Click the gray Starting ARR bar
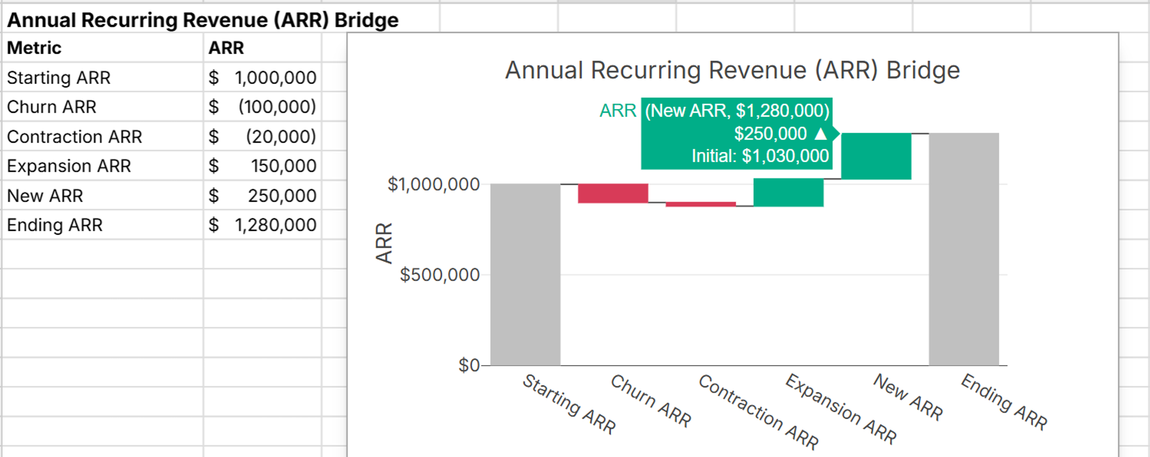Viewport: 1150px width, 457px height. [x=525, y=274]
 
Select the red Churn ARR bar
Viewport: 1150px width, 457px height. [x=612, y=193]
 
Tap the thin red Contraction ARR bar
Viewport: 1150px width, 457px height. [x=700, y=204]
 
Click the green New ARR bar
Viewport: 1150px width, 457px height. [x=876, y=156]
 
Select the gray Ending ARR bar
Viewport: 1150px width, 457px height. [x=964, y=249]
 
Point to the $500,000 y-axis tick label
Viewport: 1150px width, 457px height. [x=439, y=274]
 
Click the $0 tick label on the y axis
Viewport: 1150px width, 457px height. [x=468, y=365]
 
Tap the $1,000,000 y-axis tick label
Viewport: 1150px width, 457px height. [x=433, y=184]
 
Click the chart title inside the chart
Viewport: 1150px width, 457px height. [x=732, y=70]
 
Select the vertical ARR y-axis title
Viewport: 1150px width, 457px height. [x=384, y=243]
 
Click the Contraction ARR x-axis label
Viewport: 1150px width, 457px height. [x=758, y=411]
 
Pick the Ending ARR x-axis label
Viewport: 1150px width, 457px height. [x=1003, y=402]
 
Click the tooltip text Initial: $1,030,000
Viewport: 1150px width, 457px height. [x=760, y=156]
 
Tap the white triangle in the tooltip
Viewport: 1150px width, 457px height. [x=821, y=133]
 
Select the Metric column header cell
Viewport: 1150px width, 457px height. [x=34, y=48]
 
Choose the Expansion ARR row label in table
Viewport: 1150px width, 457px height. [x=69, y=165]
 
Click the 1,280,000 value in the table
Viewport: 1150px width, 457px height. [x=275, y=225]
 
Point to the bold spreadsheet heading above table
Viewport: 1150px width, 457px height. [x=202, y=20]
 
